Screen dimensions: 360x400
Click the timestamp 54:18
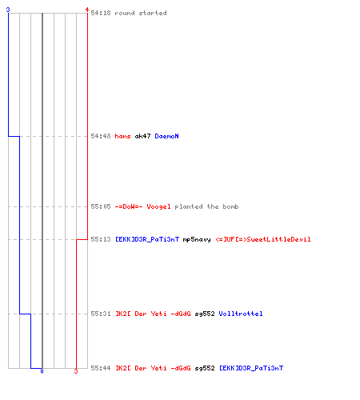(x=101, y=13)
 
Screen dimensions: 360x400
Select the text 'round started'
(x=141, y=13)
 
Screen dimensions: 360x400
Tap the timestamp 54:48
(x=101, y=136)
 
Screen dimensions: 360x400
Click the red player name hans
(x=122, y=136)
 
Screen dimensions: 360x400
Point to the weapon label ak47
(x=142, y=136)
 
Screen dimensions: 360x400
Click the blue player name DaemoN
(x=166, y=136)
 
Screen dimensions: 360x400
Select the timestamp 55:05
(x=101, y=206)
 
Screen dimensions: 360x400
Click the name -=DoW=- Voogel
(x=142, y=206)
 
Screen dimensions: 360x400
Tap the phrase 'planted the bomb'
(x=206, y=206)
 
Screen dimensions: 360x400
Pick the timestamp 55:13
(x=101, y=239)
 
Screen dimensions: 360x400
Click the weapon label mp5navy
(x=197, y=239)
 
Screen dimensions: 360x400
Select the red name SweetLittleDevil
(x=263, y=239)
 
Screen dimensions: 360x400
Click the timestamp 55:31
(x=101, y=314)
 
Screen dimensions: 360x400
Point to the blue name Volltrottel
(x=241, y=314)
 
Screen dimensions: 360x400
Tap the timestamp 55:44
(x=101, y=368)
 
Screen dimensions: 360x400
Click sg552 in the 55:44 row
(x=205, y=368)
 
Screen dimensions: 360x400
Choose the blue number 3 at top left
(x=8, y=10)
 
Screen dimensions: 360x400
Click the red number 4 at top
(x=87, y=10)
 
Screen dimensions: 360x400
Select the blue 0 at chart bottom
(x=42, y=371)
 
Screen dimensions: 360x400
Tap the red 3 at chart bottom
(x=76, y=371)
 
